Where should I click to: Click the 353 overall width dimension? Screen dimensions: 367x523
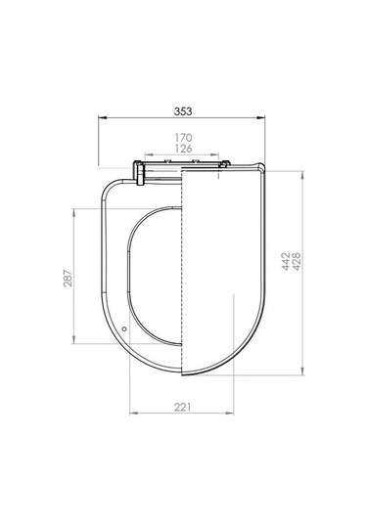(183, 111)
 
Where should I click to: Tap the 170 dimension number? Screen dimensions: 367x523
(184, 138)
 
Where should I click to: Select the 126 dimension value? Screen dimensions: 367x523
(184, 149)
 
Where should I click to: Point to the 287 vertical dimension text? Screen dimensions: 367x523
(68, 278)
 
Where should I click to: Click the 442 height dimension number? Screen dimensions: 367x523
(286, 261)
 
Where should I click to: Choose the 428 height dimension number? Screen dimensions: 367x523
(297, 261)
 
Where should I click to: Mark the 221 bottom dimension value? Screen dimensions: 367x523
(183, 407)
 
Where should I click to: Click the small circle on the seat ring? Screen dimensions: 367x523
(124, 328)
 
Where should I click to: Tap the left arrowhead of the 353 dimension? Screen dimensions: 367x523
(102, 117)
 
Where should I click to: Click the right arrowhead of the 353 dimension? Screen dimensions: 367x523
(260, 117)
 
